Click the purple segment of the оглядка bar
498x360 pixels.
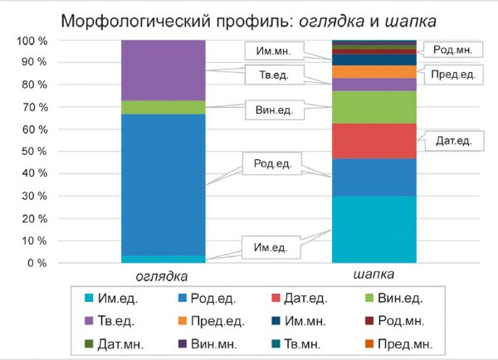point(164,70)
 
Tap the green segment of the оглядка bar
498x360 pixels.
point(164,107)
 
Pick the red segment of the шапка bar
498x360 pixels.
point(373,140)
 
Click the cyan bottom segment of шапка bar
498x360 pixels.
point(373,229)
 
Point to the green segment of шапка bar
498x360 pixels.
point(373,107)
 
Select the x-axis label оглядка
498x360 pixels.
point(162,275)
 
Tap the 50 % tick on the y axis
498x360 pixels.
point(32,152)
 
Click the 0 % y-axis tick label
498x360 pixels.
point(35,263)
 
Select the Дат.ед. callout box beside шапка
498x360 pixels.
point(454,141)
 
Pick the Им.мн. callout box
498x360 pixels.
point(269,51)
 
